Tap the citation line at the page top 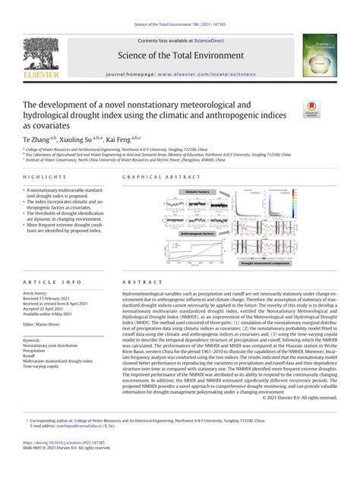click(x=180, y=6)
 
